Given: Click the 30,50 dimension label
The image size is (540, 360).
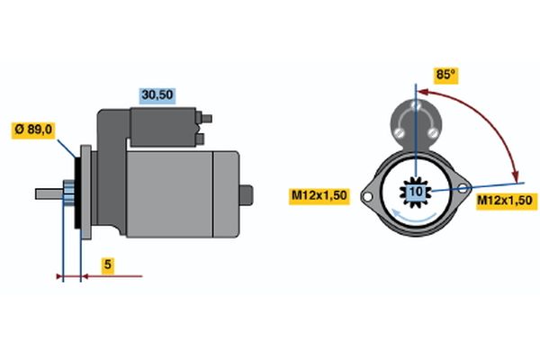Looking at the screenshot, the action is (x=157, y=95).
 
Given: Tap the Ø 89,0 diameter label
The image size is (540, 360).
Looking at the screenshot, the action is (x=33, y=130).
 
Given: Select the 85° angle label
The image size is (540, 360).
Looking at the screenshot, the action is (x=446, y=75).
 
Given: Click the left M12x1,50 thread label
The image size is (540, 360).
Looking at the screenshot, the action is (x=319, y=196).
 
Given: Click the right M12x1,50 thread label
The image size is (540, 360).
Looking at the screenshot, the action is (x=506, y=201).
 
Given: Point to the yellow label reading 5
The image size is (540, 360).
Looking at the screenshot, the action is (x=108, y=265).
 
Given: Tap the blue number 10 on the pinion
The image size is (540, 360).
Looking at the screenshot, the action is (x=416, y=191).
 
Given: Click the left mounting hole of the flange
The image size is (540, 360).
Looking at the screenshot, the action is (x=367, y=197).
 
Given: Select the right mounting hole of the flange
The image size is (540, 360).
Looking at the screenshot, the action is (x=463, y=188).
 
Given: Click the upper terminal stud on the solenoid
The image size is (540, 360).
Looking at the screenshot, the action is (x=206, y=119).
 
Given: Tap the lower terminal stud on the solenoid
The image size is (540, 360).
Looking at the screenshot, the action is (x=200, y=139).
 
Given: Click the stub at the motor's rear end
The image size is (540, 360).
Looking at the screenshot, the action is (x=247, y=195).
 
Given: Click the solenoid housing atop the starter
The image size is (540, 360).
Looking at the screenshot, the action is (x=163, y=127).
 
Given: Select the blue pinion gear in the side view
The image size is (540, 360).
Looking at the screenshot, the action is (x=68, y=193).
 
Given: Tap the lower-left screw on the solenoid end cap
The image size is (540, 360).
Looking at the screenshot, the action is (x=399, y=132).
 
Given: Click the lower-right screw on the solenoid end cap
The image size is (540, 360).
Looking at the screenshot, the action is (x=433, y=132).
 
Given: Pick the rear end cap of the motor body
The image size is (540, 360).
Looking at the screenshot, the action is (x=226, y=194).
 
